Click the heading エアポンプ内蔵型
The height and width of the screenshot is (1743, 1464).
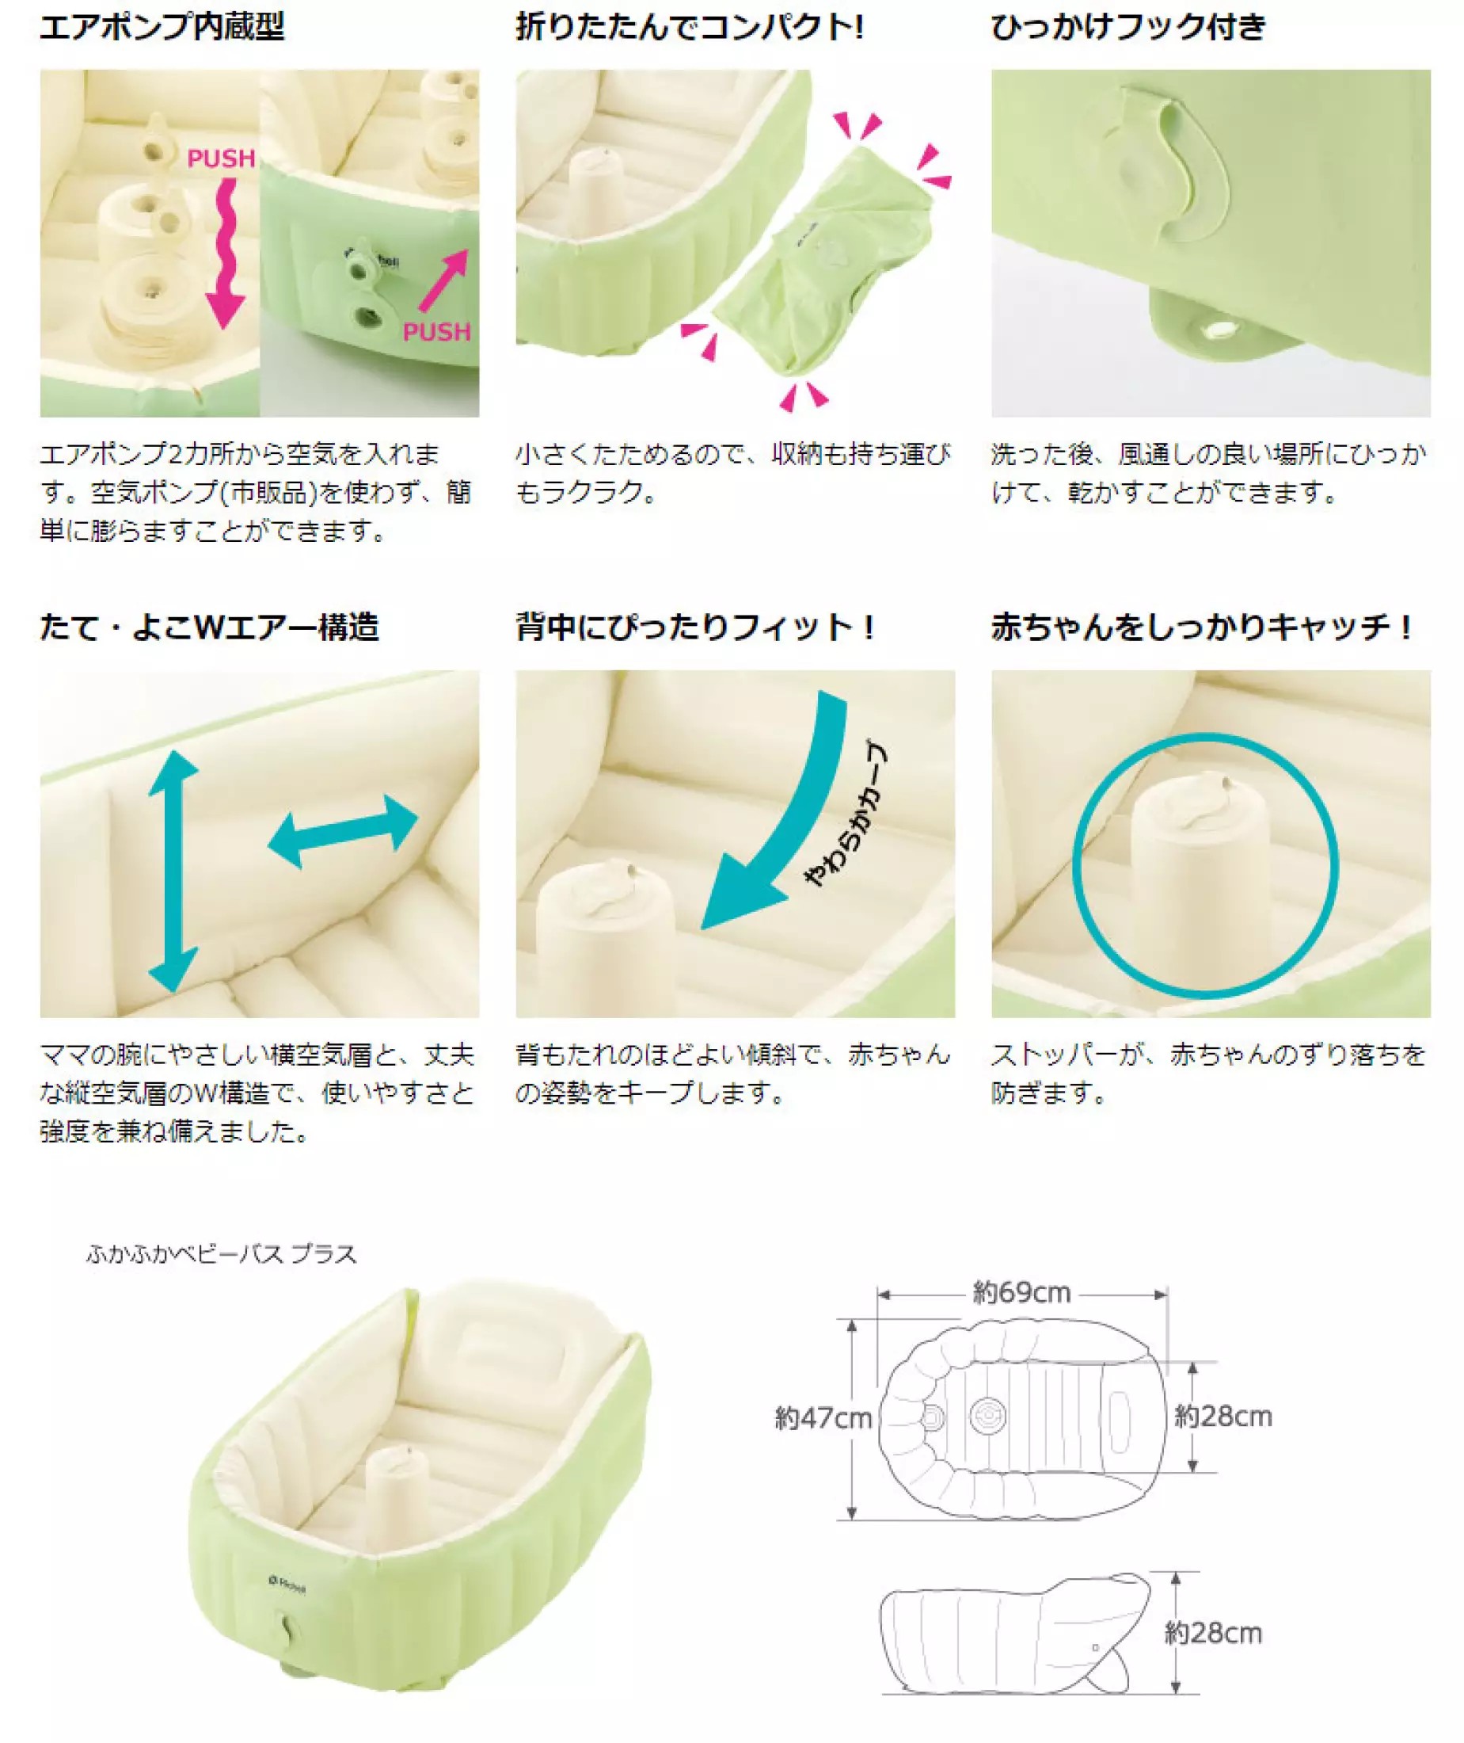point(162,28)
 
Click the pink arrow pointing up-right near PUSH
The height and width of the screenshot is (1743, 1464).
point(444,282)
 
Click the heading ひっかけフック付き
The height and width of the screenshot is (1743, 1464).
point(1129,28)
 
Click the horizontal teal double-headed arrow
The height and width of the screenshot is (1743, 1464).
point(343,830)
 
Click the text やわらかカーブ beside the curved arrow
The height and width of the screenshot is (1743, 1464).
point(847,814)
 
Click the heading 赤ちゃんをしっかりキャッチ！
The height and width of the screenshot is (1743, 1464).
point(1201,627)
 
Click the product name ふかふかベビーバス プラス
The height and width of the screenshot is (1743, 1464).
point(222,1253)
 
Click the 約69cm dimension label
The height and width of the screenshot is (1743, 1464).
point(1021,1293)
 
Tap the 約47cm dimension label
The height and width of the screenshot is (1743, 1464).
point(823,1417)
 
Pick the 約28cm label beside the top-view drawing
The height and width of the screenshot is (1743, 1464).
point(1223,1416)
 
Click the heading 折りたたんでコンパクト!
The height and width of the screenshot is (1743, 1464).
point(690,28)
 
